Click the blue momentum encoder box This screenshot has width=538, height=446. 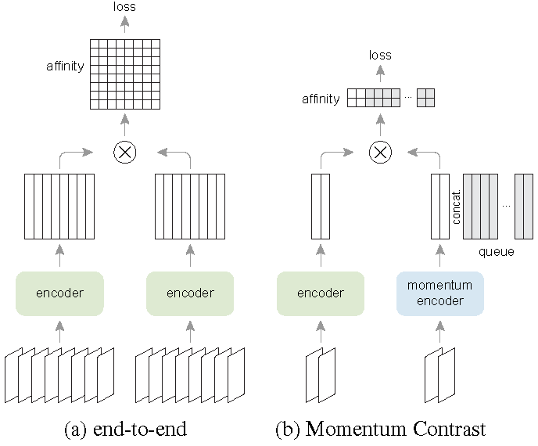(x=440, y=293)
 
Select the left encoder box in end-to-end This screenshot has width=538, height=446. (x=59, y=293)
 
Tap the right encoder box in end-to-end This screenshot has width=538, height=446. (x=190, y=293)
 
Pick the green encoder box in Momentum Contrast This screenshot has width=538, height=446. (x=321, y=293)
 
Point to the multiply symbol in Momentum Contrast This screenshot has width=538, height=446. (x=381, y=153)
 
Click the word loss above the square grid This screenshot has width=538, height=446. (x=124, y=7)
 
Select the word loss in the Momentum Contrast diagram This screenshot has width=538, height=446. (x=381, y=56)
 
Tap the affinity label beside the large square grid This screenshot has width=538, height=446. (x=65, y=67)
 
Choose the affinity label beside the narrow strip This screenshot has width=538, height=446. (x=321, y=99)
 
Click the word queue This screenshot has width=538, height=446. (x=497, y=252)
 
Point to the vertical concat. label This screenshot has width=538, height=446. (x=457, y=207)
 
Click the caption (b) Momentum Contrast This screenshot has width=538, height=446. (x=381, y=429)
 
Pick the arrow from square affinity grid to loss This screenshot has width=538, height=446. (x=124, y=25)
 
